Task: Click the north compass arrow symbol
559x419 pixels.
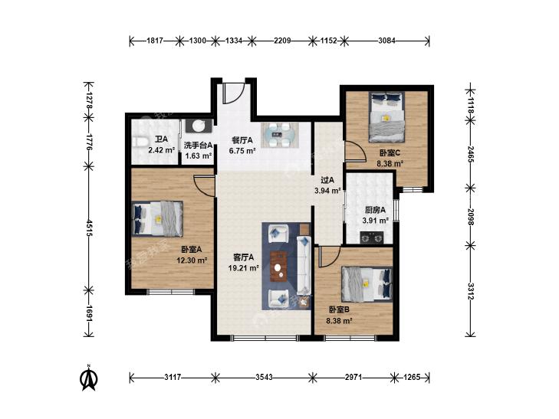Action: point(88,378)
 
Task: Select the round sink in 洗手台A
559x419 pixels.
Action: point(198,126)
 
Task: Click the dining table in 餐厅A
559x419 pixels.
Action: point(279,135)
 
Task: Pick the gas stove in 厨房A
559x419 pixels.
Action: point(371,237)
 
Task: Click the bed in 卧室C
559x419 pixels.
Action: point(386,117)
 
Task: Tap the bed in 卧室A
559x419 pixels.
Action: point(157,218)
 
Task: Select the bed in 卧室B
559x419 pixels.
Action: point(367,283)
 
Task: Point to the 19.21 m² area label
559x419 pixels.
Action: point(244,267)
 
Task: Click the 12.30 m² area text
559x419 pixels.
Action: point(192,260)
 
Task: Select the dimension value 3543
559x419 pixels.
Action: point(264,377)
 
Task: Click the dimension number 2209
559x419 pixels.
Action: point(282,41)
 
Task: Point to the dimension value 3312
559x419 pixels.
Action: point(471,291)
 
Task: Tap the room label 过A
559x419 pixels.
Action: point(327,180)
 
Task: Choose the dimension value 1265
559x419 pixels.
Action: point(412,377)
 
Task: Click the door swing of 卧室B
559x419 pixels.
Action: point(330,257)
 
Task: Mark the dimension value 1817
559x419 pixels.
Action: point(155,41)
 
